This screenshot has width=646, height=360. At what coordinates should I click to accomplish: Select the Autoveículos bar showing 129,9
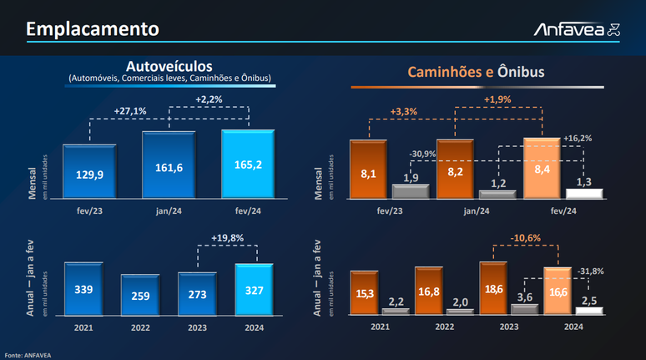(x=89, y=171)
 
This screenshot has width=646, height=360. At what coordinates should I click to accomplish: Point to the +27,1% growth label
(x=130, y=110)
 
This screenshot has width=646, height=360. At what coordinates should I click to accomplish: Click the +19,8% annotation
(x=228, y=238)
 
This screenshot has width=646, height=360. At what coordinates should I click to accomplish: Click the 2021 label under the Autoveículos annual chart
(x=83, y=327)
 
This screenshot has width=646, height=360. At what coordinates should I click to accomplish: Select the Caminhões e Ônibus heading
(x=476, y=73)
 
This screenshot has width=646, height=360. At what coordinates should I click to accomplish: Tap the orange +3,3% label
(x=403, y=112)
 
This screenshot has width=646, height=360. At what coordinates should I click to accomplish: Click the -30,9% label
(x=422, y=155)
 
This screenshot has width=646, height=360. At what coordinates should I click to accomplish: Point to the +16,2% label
(x=578, y=138)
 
